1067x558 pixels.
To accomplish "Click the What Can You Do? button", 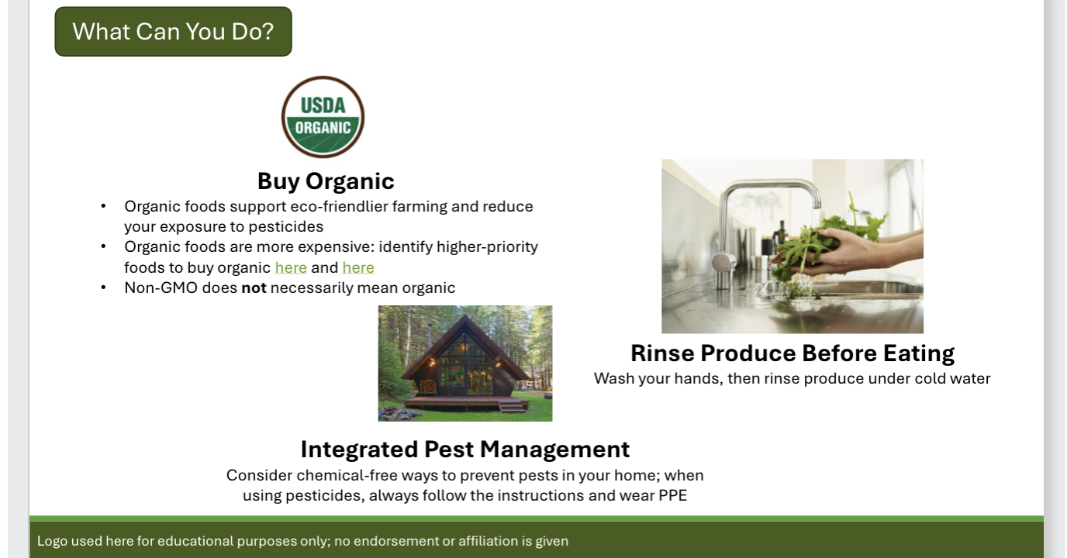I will coord(173,32).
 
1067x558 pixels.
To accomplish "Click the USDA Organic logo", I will coord(323,117).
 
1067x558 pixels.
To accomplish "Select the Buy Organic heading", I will coord(326,181).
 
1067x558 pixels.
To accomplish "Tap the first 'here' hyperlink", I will coord(291,267).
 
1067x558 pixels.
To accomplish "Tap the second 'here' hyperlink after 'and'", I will coord(358,267).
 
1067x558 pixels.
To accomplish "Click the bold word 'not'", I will coord(254,288).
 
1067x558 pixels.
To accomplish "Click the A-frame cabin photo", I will coord(465,363).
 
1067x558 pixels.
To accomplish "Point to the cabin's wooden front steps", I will coord(511,405).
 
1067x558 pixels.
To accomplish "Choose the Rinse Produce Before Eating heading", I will coord(792,353).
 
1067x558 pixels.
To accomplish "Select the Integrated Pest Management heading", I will coord(464,449).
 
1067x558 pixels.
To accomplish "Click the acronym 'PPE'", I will coord(672,495).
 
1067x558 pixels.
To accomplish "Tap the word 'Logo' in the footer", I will coord(52,541).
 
